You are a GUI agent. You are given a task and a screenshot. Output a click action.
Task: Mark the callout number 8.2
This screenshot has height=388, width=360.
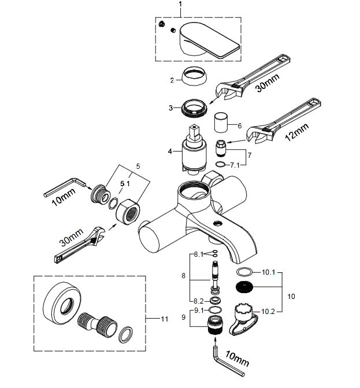click(198, 301)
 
